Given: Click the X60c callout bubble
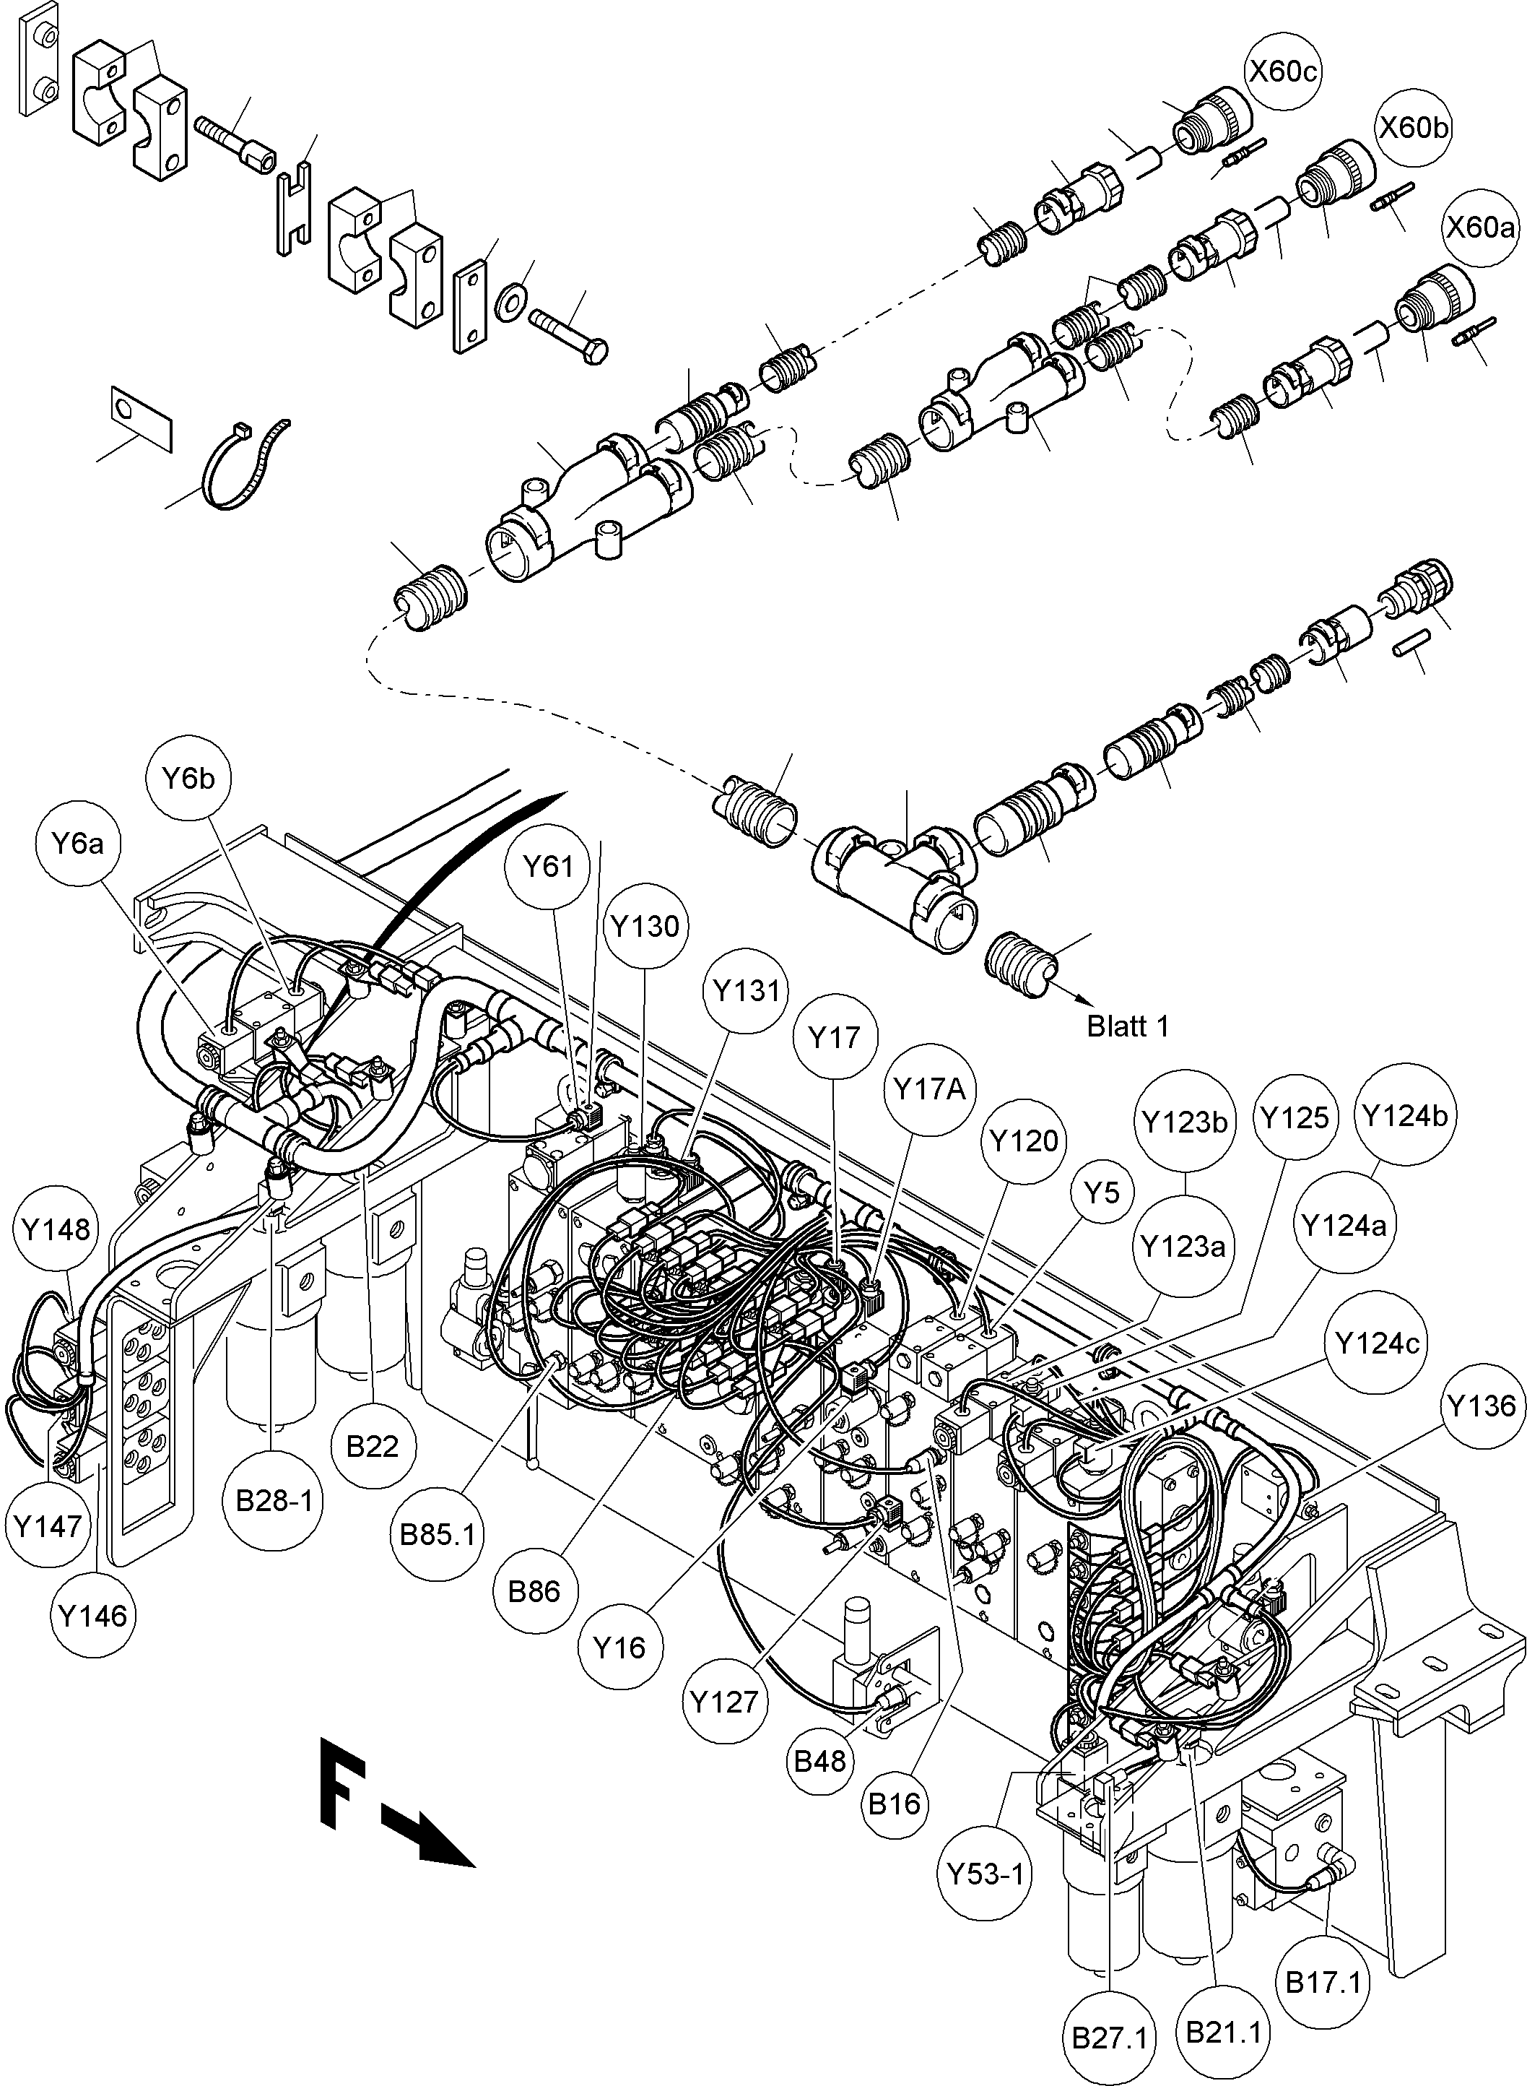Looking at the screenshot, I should [1283, 72].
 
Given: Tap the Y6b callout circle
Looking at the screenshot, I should [188, 779].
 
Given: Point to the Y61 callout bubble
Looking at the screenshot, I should [548, 866].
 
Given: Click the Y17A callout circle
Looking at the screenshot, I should [930, 1090].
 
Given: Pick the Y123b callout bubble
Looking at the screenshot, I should [1184, 1122].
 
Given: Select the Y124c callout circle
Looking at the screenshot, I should [1378, 1343].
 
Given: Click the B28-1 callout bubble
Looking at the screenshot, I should [274, 1499].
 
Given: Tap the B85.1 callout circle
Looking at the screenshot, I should [438, 1535].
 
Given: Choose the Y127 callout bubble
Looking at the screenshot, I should [723, 1701].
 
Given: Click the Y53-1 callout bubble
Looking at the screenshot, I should [986, 1874].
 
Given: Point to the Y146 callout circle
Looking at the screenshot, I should [92, 1617].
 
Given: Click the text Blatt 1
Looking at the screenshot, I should [1128, 1026].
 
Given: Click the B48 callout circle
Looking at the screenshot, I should [821, 1760].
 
